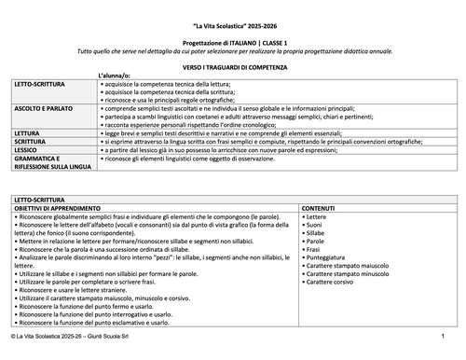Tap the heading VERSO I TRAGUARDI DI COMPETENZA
232,68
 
